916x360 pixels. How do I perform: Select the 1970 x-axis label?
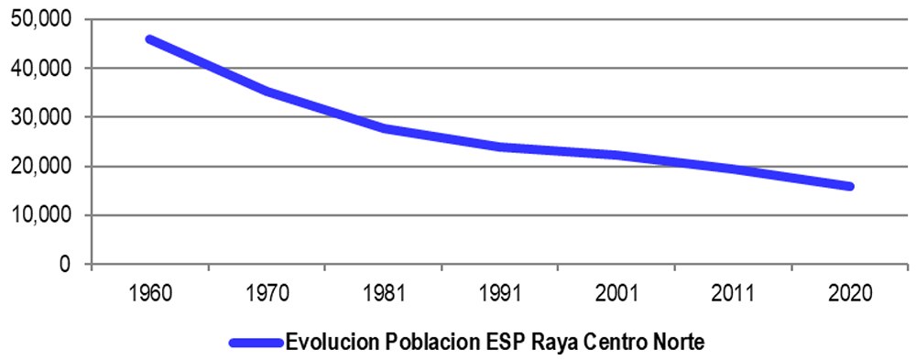coord(267,293)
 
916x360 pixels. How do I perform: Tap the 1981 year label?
coord(383,293)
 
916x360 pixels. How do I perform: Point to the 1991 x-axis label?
coord(500,293)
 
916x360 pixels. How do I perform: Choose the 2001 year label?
coord(616,293)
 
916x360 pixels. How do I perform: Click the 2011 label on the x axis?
coord(733,293)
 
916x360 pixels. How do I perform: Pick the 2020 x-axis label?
coord(850,293)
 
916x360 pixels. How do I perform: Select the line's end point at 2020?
coord(850,187)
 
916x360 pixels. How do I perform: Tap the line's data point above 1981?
coord(383,128)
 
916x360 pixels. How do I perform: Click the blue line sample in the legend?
coord(256,342)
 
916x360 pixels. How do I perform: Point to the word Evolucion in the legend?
coord(326,341)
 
